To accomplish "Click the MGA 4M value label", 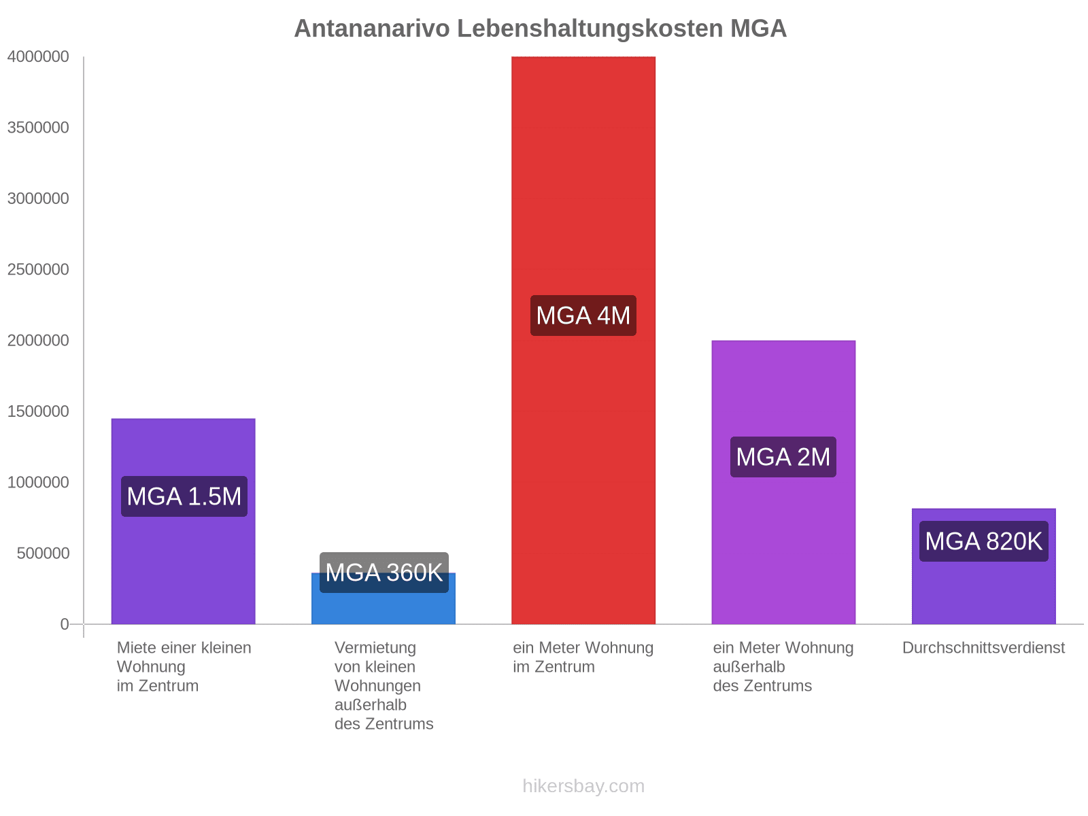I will (583, 316).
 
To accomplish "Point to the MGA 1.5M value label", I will (184, 496).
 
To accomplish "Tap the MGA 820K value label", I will (983, 541).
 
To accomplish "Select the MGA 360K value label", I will (384, 573).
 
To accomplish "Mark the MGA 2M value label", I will (783, 457).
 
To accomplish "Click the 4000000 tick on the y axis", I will (38, 57).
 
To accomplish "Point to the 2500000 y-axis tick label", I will (38, 270).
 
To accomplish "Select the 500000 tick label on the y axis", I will (43, 554).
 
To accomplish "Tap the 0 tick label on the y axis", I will (65, 624).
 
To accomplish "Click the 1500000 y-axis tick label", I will (38, 411).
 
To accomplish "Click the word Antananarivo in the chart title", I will (372, 29).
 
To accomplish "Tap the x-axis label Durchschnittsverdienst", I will (983, 648).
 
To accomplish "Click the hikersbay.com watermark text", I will (583, 786).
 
